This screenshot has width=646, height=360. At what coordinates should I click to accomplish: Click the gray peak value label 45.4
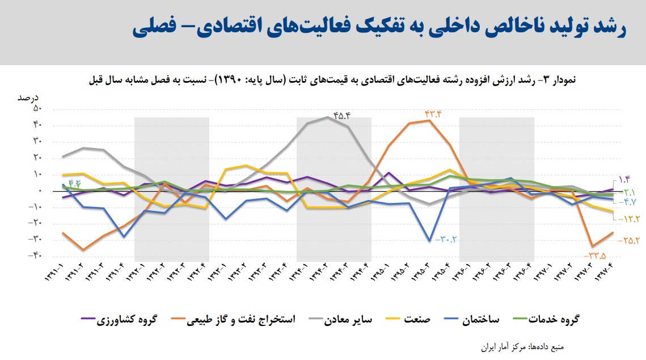click(342, 116)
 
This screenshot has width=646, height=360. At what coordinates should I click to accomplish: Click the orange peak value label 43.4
click(432, 114)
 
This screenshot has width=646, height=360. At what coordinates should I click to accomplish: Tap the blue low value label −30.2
click(446, 239)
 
